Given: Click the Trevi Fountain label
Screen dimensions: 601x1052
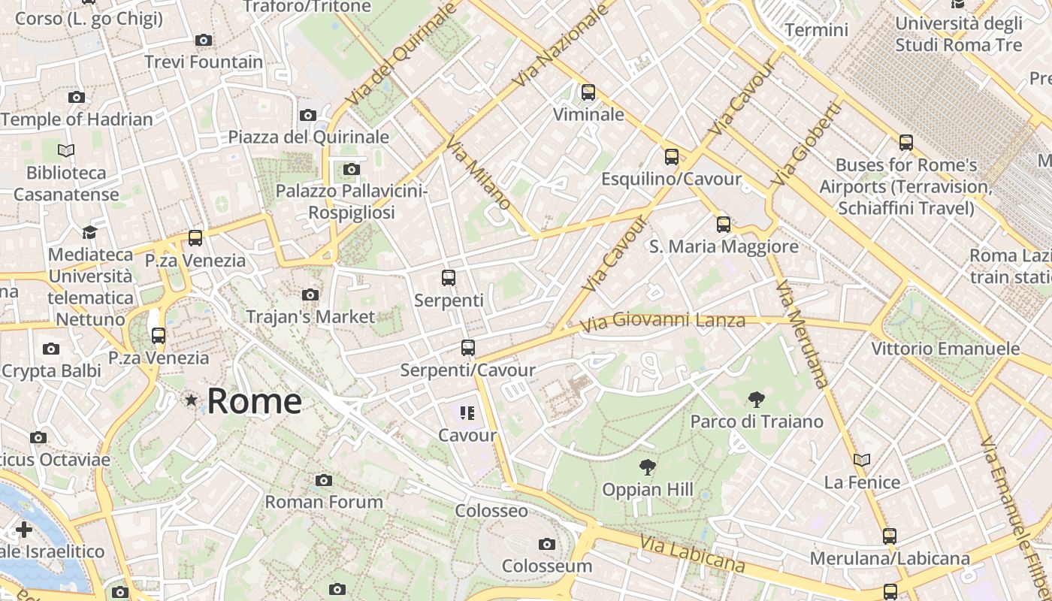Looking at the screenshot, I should coord(204,62).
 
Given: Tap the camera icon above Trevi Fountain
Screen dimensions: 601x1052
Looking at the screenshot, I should coord(203,40).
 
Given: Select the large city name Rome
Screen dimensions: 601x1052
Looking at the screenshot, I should coord(254,401).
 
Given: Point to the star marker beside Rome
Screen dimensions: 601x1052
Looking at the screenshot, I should coord(192,400).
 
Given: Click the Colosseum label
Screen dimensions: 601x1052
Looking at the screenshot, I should coord(547,566).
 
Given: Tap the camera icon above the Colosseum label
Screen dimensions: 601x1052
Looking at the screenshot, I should coord(547,544).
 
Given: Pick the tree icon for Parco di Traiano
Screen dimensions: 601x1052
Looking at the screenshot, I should coord(756,400).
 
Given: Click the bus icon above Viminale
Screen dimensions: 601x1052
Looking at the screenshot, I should coord(588,92).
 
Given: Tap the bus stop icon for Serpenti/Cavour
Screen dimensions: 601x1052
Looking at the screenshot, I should coord(468,347).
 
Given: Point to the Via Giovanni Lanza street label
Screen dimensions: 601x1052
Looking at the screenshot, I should coord(664,322).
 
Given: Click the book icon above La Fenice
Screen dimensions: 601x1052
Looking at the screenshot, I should coord(862,460).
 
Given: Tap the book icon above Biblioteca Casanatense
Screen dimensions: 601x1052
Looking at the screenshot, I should coord(66,151).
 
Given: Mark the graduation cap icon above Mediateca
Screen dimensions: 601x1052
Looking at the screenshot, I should coord(90,232).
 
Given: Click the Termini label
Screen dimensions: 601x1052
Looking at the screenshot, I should coord(816,30).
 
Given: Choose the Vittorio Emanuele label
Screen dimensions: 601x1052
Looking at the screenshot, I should coord(945,349).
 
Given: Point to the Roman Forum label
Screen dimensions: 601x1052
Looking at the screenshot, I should coord(324,501).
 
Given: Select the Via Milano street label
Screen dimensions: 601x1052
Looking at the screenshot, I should coord(478,173).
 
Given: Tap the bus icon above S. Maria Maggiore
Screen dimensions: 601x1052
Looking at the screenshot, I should coord(724,224).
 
